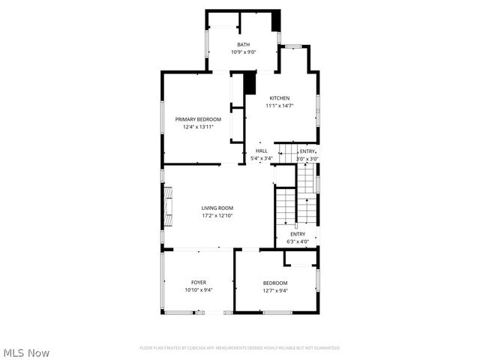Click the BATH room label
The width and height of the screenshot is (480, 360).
point(244,45)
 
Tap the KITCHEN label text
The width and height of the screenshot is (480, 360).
point(280,98)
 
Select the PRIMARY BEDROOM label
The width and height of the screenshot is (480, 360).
point(198,120)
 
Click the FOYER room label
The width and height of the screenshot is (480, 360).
point(198,283)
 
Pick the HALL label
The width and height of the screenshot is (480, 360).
point(261,151)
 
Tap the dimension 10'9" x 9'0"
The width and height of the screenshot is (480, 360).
point(244,52)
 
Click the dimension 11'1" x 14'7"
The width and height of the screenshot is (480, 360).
point(280,106)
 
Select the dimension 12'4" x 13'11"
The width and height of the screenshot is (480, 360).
point(198,127)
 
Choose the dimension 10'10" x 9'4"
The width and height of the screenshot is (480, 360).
point(198,290)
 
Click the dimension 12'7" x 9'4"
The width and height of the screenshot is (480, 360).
point(275,290)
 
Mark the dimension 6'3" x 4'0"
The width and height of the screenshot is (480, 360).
point(298,241)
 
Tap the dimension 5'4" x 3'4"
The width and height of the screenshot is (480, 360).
point(261,158)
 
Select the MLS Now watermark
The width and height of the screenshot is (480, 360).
point(27,352)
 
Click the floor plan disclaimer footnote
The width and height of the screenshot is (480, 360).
point(240,348)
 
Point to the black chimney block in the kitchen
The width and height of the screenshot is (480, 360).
point(250,82)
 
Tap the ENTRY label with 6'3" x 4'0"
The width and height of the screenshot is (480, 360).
point(298,234)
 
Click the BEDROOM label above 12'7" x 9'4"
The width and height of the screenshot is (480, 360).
point(275,283)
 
